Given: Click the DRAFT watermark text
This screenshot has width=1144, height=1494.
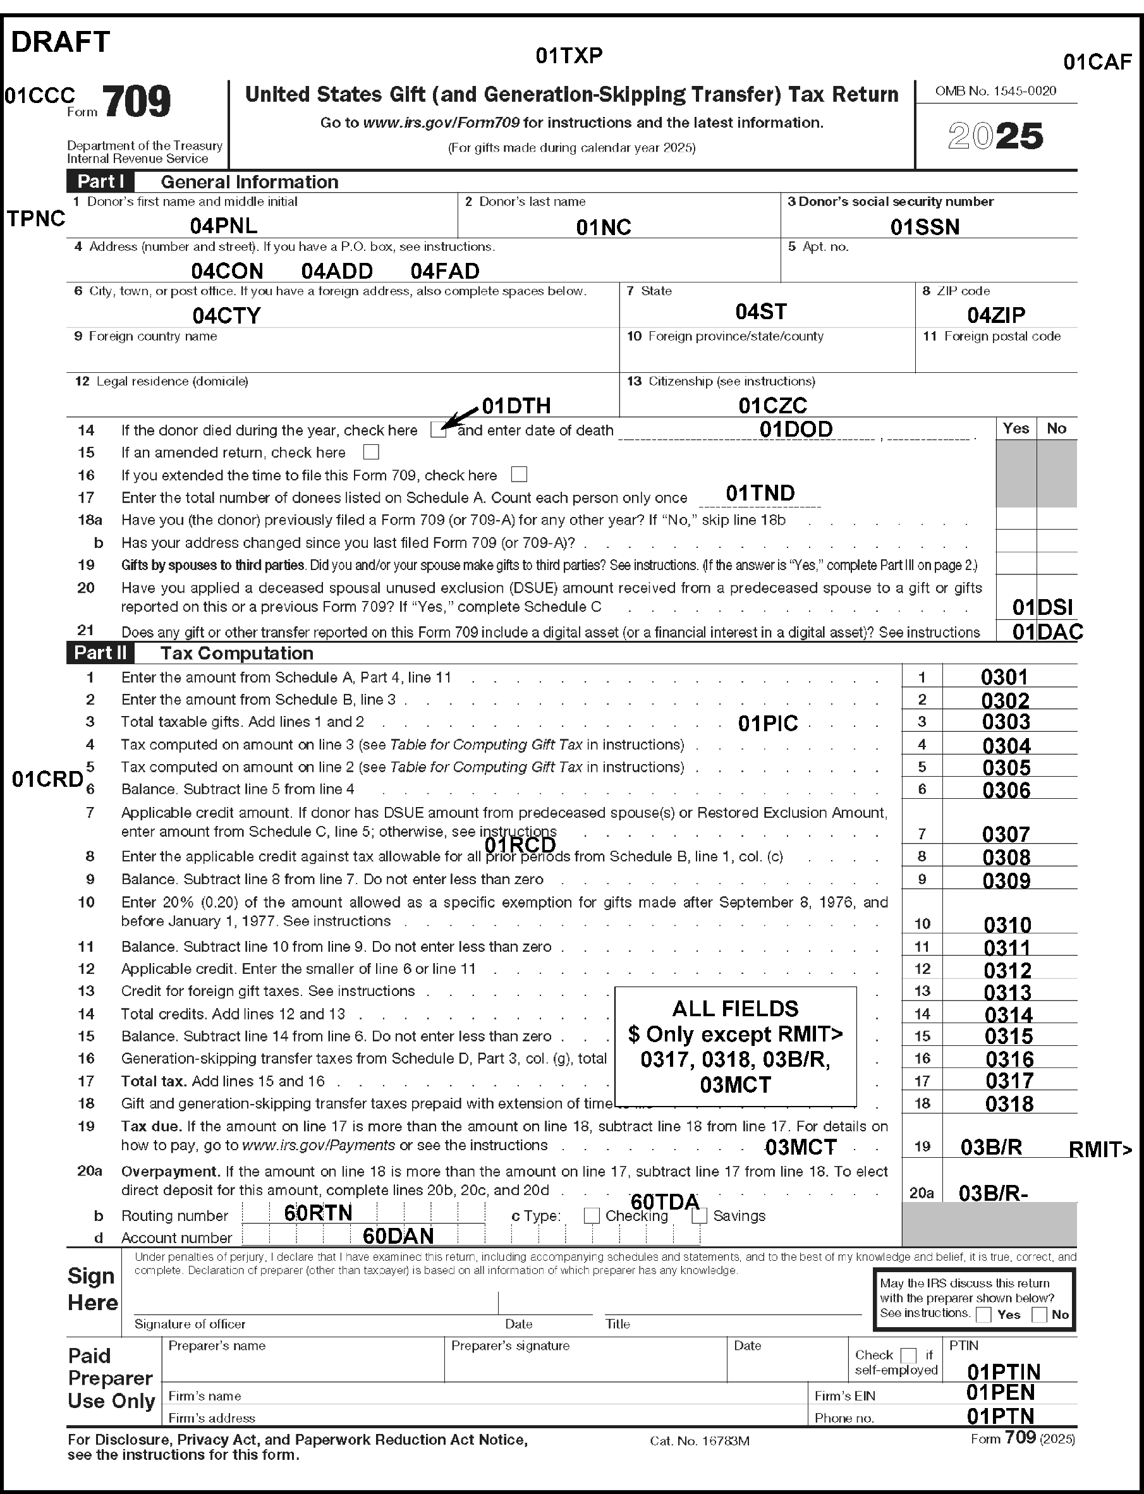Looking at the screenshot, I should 60,42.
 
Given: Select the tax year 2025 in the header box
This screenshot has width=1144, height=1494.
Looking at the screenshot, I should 995,136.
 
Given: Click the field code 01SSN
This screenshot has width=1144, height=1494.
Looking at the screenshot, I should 925,228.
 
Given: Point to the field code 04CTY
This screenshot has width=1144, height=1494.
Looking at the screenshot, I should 226,316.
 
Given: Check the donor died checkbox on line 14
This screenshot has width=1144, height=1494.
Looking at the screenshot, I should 439,430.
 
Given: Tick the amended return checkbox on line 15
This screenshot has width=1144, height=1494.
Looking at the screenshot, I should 371,452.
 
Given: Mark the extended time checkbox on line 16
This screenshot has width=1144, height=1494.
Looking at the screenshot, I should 519,475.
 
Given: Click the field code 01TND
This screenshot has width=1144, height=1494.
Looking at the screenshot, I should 760,493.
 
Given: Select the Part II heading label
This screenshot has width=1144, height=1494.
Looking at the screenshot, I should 100,653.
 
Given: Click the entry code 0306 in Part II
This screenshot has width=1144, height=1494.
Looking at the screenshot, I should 1006,791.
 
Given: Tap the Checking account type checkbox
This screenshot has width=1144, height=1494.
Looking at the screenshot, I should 592,1215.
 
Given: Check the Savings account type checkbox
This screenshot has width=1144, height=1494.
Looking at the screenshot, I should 699,1215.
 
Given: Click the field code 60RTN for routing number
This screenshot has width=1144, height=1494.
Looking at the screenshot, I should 318,1213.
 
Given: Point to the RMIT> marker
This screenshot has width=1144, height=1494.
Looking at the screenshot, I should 1100,1150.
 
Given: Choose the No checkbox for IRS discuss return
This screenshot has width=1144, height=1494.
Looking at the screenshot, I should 1039,1315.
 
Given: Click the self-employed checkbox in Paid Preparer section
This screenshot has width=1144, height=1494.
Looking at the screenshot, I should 908,1355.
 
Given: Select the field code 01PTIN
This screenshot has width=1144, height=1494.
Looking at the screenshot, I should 1003,1371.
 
